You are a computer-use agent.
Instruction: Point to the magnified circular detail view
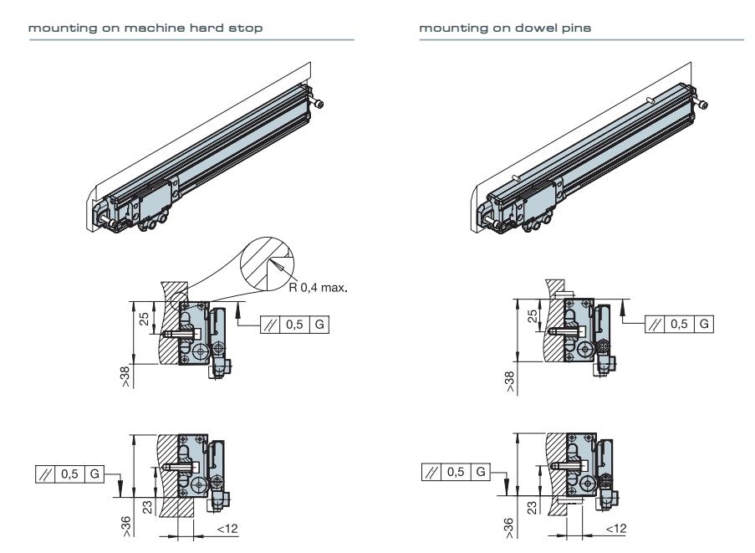coord(267,262)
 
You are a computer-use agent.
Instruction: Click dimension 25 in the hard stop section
coord(144,319)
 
